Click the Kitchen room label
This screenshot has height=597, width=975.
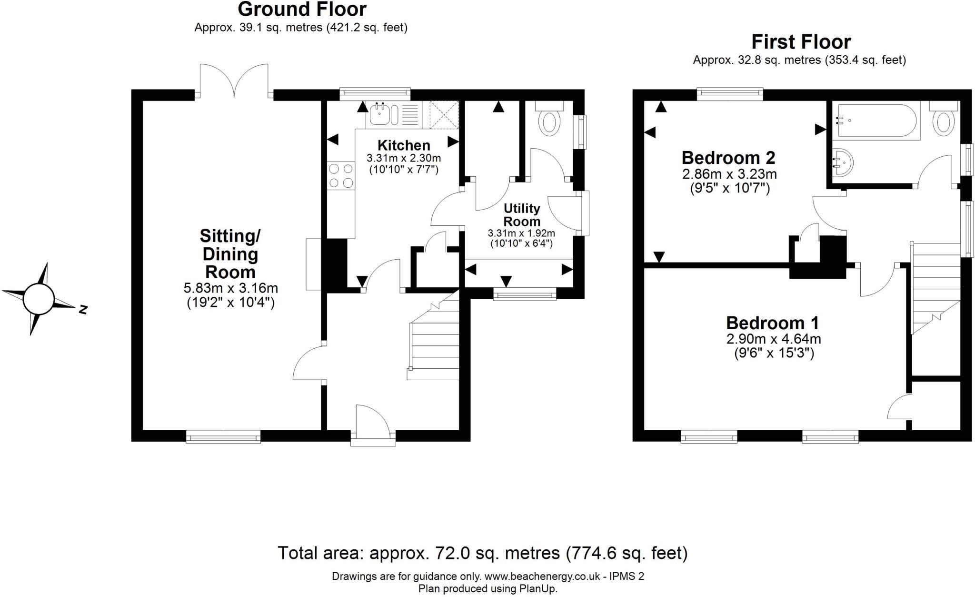(404, 145)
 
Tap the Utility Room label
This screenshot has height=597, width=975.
(522, 215)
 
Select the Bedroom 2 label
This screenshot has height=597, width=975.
(728, 157)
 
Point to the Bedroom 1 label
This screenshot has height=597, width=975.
(773, 323)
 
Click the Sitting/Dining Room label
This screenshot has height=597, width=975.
(230, 254)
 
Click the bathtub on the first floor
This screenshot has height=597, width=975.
(876, 121)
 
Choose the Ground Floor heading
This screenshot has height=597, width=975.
(302, 9)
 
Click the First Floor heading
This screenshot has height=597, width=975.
(801, 42)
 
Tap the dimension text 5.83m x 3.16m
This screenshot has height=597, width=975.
(230, 288)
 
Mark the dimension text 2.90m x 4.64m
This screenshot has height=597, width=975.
(773, 339)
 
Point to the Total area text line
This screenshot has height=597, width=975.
(483, 553)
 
